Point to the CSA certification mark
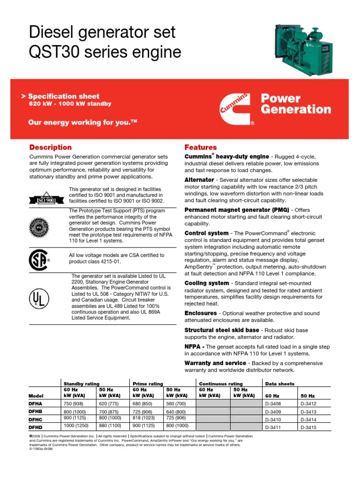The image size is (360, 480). click(39, 259)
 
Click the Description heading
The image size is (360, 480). click(51, 147)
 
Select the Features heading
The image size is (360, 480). click(201, 147)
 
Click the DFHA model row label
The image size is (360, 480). click(37, 403)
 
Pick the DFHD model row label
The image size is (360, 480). click(37, 427)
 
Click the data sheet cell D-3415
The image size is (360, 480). click(309, 427)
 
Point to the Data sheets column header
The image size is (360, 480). click(280, 383)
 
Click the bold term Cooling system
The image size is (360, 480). click(207, 283)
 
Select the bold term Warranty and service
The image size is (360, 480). click(217, 363)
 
